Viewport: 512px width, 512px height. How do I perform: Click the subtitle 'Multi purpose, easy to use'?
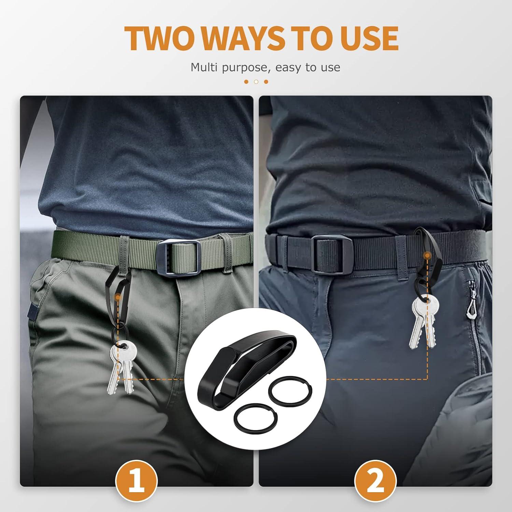[x=265, y=67]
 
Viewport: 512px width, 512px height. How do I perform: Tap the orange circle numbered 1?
[x=137, y=481]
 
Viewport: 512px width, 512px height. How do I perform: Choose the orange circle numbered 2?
[x=375, y=481]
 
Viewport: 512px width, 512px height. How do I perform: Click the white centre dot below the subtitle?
[x=256, y=82]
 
